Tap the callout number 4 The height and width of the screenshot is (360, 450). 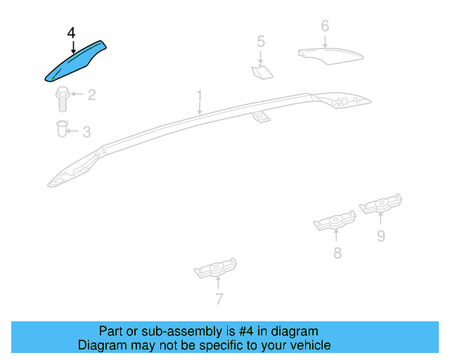click(71, 33)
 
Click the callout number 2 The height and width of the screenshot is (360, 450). click(91, 94)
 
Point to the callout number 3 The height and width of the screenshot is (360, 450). click(86, 131)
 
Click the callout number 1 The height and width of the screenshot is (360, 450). click(199, 95)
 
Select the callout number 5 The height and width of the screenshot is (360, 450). click(261, 41)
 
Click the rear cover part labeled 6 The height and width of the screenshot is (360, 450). click(329, 55)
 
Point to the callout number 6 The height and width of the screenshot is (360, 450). click(325, 26)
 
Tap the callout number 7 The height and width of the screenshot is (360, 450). click(219, 300)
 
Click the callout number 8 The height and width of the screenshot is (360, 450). click(337, 253)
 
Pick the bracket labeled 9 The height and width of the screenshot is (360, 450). click(381, 205)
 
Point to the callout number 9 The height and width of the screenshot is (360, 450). click(380, 236)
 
